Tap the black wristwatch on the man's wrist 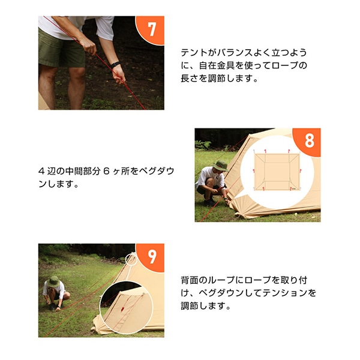click(115, 65)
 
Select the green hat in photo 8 click(221, 166)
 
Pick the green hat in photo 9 click(53, 281)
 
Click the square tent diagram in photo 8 click(277, 170)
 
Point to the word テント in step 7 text click(194, 53)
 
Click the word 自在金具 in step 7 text click(217, 65)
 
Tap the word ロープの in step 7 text click(289, 65)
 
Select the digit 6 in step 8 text click(106, 171)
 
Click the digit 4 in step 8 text click(41, 171)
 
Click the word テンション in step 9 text click(284, 293)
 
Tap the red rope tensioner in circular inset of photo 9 click(122, 309)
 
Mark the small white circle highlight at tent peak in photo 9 click(131, 259)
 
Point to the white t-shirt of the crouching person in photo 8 click(210, 177)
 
